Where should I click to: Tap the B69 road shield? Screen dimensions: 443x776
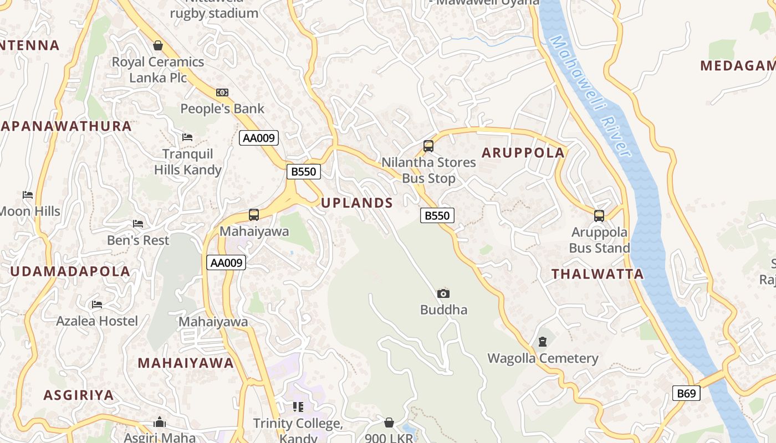tap(686, 394)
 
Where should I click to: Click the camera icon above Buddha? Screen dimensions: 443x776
tap(443, 293)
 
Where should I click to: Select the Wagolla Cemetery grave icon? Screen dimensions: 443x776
tap(543, 342)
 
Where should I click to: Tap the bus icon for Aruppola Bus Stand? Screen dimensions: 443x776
tap(599, 215)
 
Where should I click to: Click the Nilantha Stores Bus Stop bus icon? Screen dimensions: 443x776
tap(428, 146)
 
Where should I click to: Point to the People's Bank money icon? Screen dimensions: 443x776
tap(222, 92)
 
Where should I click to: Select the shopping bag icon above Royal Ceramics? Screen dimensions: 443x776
tap(158, 45)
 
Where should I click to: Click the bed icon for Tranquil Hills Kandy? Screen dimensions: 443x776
tap(187, 137)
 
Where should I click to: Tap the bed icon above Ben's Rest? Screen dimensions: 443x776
tap(138, 224)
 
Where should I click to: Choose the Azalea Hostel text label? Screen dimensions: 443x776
tap(98, 321)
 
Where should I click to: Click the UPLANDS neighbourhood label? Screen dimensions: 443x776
tap(357, 203)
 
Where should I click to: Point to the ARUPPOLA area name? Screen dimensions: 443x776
tap(523, 153)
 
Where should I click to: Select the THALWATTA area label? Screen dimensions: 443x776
tap(598, 274)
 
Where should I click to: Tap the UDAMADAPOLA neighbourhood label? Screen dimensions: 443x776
tap(70, 271)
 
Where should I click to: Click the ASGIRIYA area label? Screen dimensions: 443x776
tap(79, 395)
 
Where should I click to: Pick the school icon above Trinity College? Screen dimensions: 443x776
tap(298, 407)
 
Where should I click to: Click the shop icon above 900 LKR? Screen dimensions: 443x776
tap(389, 423)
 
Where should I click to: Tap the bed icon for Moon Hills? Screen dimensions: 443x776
tap(28, 194)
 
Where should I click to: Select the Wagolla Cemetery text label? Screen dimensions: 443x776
tap(543, 358)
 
